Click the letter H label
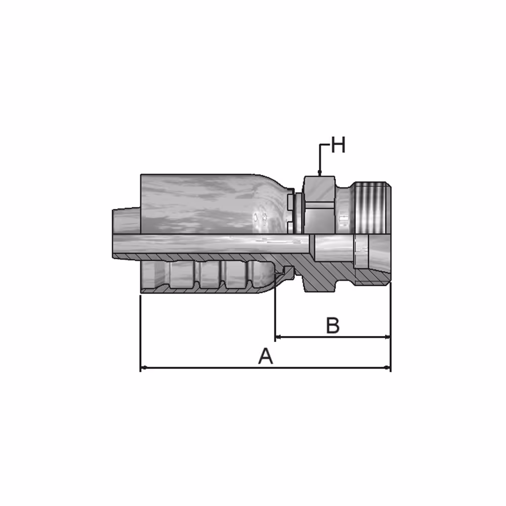click(x=338, y=145)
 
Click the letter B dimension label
click(x=333, y=325)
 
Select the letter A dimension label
click(x=266, y=356)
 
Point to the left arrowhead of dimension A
click(x=144, y=367)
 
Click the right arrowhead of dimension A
click(x=387, y=367)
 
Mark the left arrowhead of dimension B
click(x=279, y=337)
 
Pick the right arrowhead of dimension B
click(x=387, y=337)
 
